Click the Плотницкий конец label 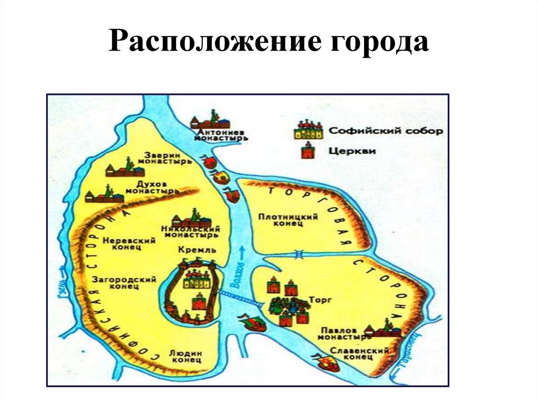(288, 220)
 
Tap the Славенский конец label (359, 353)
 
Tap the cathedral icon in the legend (308, 131)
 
